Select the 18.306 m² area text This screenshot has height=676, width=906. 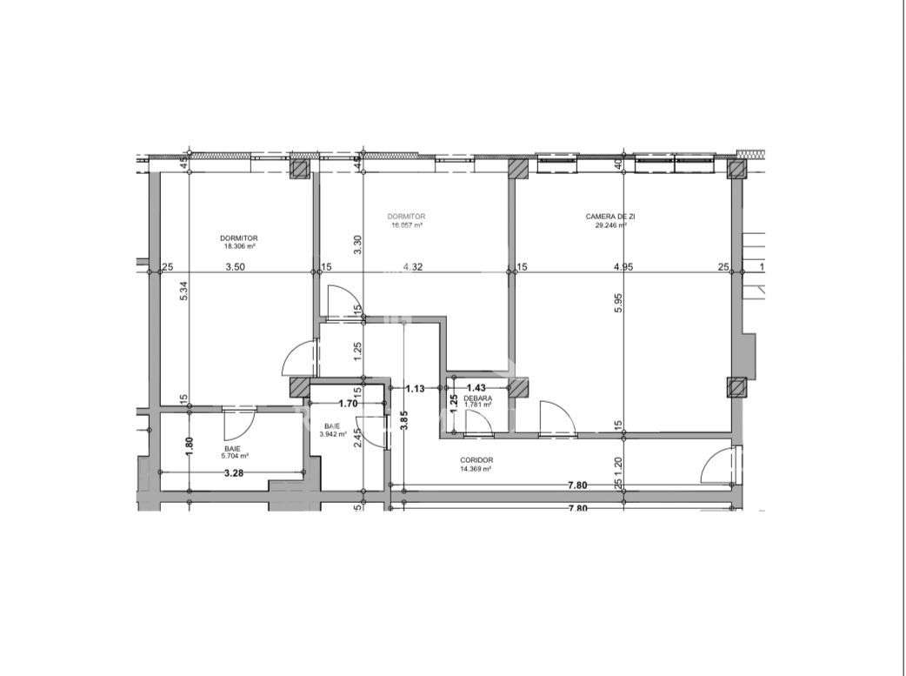tap(238, 246)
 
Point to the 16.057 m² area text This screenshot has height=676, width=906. tap(407, 224)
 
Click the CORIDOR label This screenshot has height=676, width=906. tap(477, 460)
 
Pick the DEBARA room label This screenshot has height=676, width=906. tap(477, 398)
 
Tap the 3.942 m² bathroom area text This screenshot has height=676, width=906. tap(333, 434)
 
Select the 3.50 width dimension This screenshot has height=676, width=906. tap(235, 267)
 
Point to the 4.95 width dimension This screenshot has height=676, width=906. tap(623, 267)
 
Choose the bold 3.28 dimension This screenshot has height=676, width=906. tap(233, 474)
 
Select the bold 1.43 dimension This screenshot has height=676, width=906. tap(476, 388)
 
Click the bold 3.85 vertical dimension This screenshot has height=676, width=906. tap(403, 420)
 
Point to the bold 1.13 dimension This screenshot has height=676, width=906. tap(416, 389)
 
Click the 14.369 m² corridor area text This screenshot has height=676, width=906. tap(477, 469)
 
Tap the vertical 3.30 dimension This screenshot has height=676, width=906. tap(356, 244)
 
